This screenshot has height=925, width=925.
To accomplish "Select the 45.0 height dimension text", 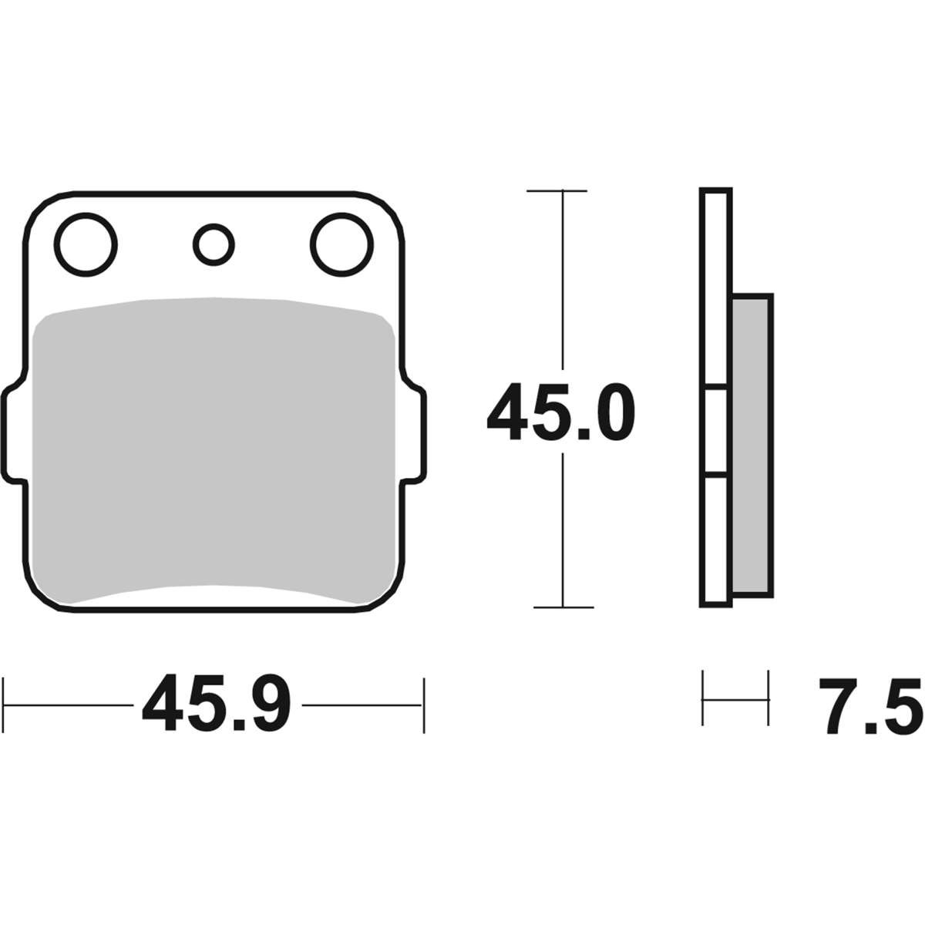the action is click(x=561, y=412).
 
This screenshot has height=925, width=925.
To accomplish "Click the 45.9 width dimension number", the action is click(x=217, y=705).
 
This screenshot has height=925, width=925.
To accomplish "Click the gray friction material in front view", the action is click(x=214, y=449).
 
